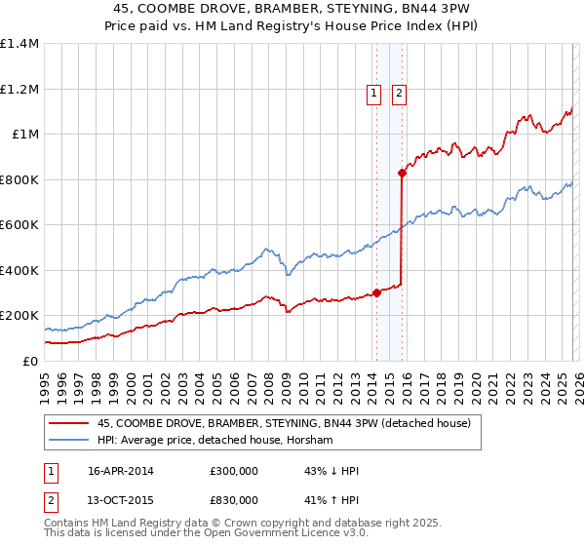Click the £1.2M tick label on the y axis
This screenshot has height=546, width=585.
click(x=19, y=89)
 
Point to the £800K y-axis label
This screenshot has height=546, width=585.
click(x=19, y=179)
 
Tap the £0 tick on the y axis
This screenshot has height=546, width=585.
click(x=29, y=361)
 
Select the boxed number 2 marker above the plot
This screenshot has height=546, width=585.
click(x=401, y=94)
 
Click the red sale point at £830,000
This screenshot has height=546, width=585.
click(x=402, y=174)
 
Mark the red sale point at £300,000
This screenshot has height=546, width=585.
click(x=376, y=292)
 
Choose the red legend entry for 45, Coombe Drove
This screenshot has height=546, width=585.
click(x=284, y=423)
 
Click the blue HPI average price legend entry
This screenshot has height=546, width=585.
click(x=214, y=441)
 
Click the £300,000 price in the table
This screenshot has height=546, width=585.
click(x=234, y=471)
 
